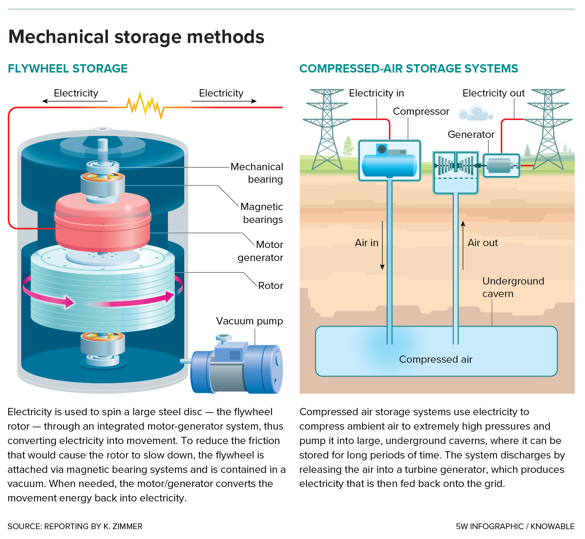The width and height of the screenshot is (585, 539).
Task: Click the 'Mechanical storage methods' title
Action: coord(136,37)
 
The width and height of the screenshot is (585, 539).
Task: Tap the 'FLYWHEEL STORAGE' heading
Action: coord(68,69)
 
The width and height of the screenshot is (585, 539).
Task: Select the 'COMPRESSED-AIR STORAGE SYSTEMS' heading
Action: coord(408,69)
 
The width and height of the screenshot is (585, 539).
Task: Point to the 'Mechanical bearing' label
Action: coord(257,173)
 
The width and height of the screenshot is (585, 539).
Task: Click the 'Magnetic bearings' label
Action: coord(262,213)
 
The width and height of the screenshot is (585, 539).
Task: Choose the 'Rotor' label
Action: coord(270,286)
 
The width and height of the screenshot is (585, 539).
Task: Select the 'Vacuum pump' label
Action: coord(249,321)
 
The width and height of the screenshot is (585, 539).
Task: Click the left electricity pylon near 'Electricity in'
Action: coord(327,129)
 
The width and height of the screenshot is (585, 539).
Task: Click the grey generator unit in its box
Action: coord(501,166)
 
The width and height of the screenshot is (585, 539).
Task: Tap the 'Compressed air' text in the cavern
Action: coord(435,359)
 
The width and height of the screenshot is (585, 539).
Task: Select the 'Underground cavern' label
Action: coord(513,287)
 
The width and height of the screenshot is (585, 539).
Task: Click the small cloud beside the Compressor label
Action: coord(474,113)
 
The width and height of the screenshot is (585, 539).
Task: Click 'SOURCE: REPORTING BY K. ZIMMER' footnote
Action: coord(75,526)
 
